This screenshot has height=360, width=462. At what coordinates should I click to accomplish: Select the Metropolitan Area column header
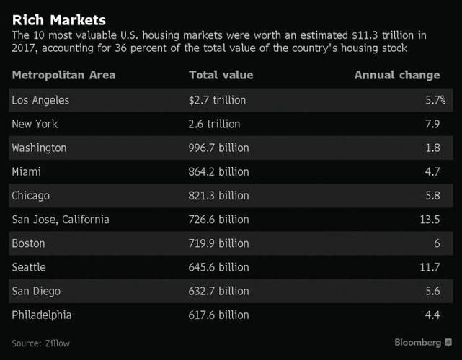(63, 75)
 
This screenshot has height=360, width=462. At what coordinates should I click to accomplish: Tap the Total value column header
(221, 75)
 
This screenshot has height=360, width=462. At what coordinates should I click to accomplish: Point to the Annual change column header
(396, 75)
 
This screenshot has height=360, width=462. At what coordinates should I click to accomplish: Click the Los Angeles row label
(40, 100)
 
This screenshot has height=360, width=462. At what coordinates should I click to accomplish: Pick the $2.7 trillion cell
(217, 100)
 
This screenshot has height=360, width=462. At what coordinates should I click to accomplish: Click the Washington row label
(39, 148)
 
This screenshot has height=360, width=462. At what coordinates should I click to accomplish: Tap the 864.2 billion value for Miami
(218, 171)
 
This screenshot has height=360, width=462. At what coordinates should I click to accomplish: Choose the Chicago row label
(31, 195)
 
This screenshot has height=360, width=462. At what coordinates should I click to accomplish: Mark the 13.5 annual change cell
(430, 219)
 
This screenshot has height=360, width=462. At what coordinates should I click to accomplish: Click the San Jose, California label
(61, 219)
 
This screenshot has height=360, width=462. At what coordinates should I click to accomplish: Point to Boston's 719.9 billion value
(218, 243)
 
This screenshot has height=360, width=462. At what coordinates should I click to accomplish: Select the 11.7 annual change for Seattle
(430, 267)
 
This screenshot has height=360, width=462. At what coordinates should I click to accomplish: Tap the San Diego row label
(36, 291)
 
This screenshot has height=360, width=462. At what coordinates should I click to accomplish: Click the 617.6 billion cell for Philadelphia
(218, 315)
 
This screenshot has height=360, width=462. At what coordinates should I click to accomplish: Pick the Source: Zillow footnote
(40, 343)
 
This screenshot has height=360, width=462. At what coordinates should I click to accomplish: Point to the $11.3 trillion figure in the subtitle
(352, 34)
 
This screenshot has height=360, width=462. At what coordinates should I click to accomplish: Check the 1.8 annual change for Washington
(433, 148)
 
